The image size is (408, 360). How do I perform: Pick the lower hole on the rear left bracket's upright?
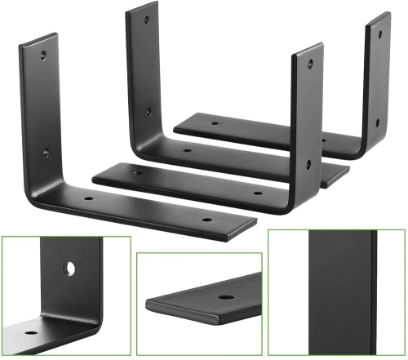(x=149, y=112)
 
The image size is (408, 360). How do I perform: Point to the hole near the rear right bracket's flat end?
(x=215, y=125)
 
